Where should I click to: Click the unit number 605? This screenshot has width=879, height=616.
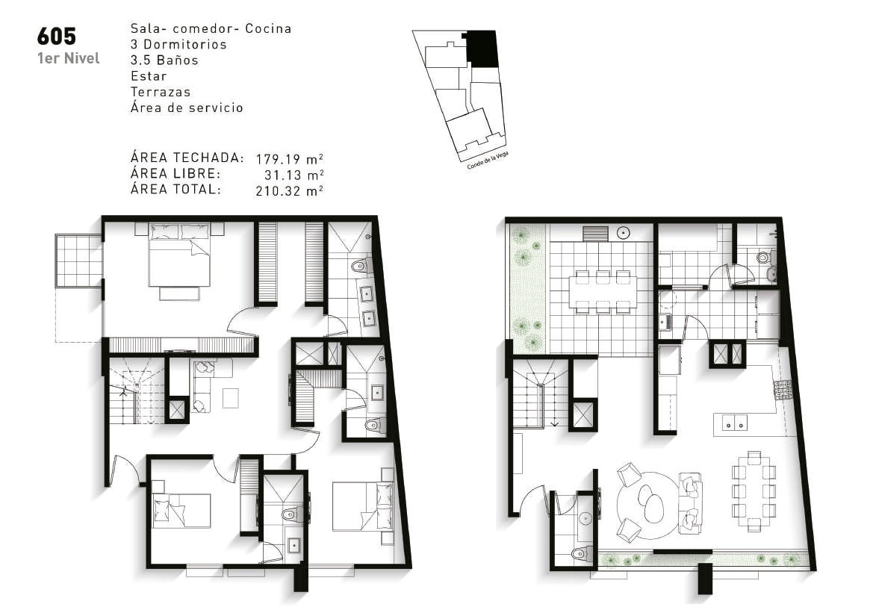(x=57, y=37)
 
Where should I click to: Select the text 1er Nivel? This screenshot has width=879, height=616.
(x=69, y=58)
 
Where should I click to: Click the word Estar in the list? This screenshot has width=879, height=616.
(x=149, y=76)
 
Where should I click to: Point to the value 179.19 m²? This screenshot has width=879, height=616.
(x=289, y=158)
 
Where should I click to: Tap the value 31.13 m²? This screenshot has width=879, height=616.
(x=293, y=174)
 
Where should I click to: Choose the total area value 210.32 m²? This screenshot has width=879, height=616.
(x=289, y=190)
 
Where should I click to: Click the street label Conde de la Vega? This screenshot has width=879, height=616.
(x=487, y=161)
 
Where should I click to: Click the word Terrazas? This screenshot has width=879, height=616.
(x=161, y=92)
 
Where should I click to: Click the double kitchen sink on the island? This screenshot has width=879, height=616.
(x=734, y=425)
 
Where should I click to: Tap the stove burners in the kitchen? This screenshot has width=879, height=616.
(x=782, y=390)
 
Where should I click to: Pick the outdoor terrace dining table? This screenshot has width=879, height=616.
(x=603, y=291)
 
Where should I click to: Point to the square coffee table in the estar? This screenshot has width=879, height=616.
(x=231, y=399)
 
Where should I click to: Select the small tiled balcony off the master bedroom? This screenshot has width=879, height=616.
(x=78, y=261)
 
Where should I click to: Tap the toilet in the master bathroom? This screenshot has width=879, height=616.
(x=358, y=266)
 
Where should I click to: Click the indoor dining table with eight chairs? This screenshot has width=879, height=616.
(x=754, y=491)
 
